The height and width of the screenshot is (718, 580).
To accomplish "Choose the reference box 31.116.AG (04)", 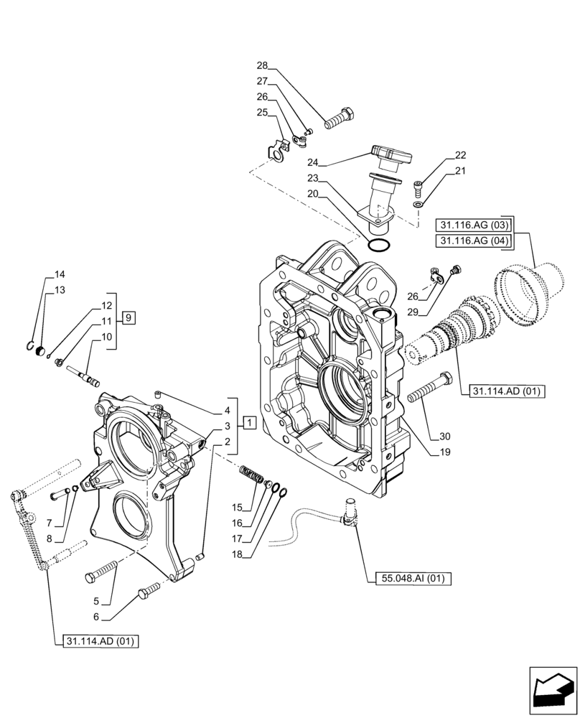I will pos(470,241).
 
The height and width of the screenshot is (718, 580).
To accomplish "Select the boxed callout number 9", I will pos(127,317).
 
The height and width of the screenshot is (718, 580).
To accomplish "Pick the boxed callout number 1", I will pos(248,422).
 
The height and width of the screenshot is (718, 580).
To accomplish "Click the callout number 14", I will pos(59,274).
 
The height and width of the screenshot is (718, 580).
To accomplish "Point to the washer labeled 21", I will pos(418,205).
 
